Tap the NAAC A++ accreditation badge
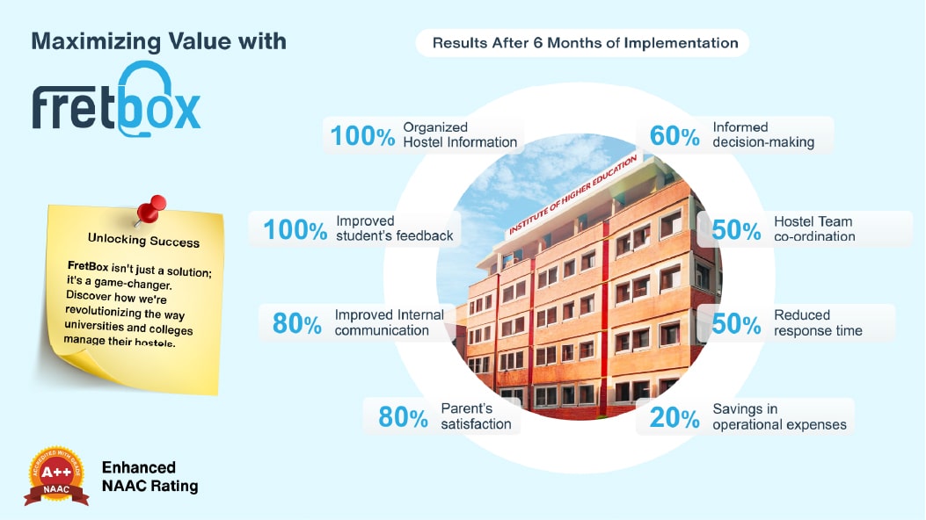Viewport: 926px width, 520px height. pos(56,476)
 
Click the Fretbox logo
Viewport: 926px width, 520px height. pos(116,99)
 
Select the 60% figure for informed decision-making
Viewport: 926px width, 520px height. pos(674,135)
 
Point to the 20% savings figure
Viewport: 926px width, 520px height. pos(674,418)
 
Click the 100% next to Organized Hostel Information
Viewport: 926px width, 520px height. pos(362,135)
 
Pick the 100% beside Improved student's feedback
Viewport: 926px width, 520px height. pos(295,229)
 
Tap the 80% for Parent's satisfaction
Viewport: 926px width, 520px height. pos(404,417)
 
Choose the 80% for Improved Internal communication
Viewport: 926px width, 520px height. pos(297,323)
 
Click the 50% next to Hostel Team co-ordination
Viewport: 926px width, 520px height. pos(736,230)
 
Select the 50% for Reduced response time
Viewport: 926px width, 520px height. pos(736,323)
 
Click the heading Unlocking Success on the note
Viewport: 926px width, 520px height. pos(143,240)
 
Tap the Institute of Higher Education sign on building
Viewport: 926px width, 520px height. pos(572,194)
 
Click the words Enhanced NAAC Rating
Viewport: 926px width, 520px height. pos(150,476)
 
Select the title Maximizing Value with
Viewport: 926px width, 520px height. pos(159,41)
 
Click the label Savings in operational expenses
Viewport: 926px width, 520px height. pos(779,417)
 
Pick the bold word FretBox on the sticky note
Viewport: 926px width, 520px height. pos(87,266)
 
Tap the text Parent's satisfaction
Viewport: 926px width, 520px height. pos(476,416)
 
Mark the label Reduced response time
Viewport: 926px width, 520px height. pos(818,323)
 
